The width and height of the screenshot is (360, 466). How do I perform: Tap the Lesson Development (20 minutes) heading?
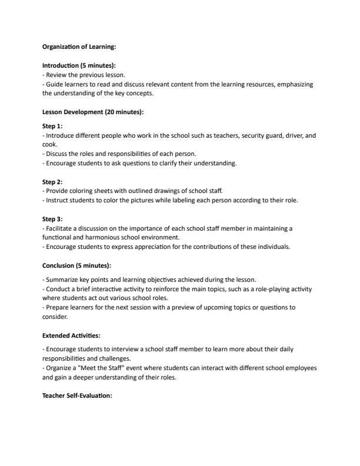pyautogui.click(x=93, y=112)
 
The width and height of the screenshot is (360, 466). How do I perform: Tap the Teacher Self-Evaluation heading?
pyautogui.click(x=77, y=395)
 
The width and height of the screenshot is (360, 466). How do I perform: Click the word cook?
pyautogui.click(x=49, y=144)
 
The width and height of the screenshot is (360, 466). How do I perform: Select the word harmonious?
pyautogui.click(x=108, y=237)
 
